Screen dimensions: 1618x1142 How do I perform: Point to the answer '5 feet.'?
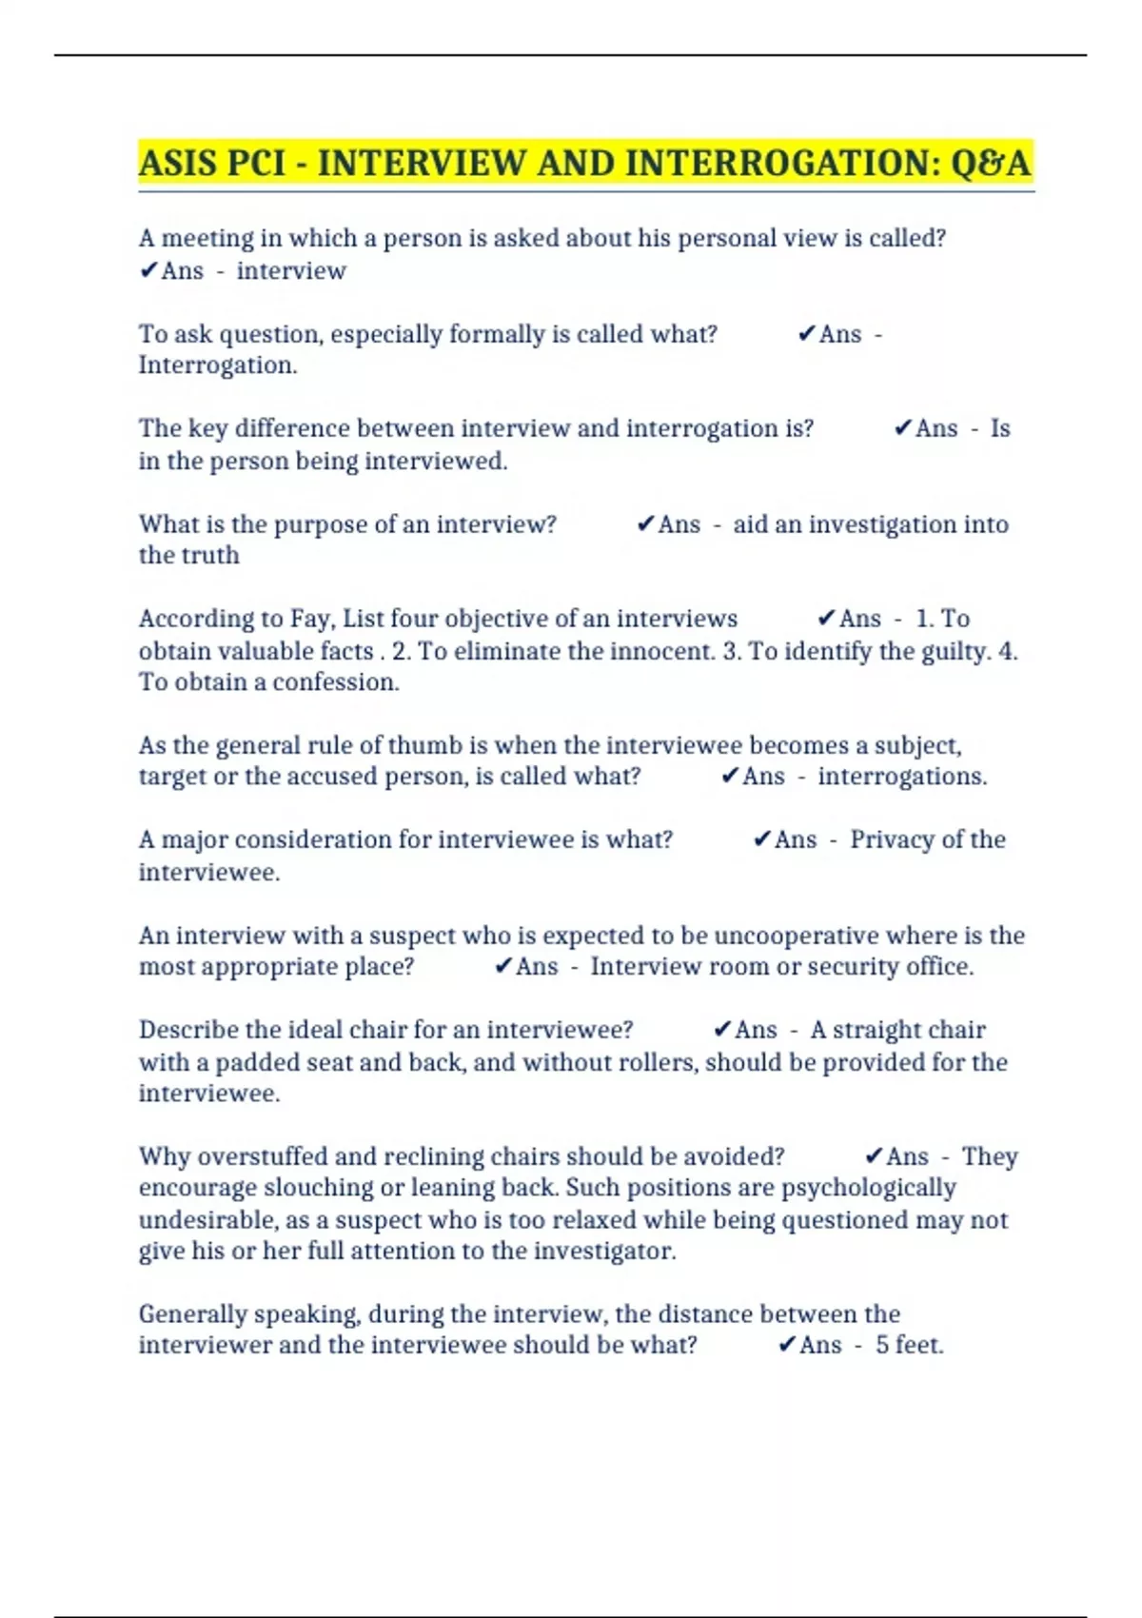point(910,1345)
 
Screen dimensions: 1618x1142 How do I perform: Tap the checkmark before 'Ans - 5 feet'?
point(786,1345)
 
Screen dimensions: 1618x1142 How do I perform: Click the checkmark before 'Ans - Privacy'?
point(761,839)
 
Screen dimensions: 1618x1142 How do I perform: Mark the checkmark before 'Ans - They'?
point(874,1156)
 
